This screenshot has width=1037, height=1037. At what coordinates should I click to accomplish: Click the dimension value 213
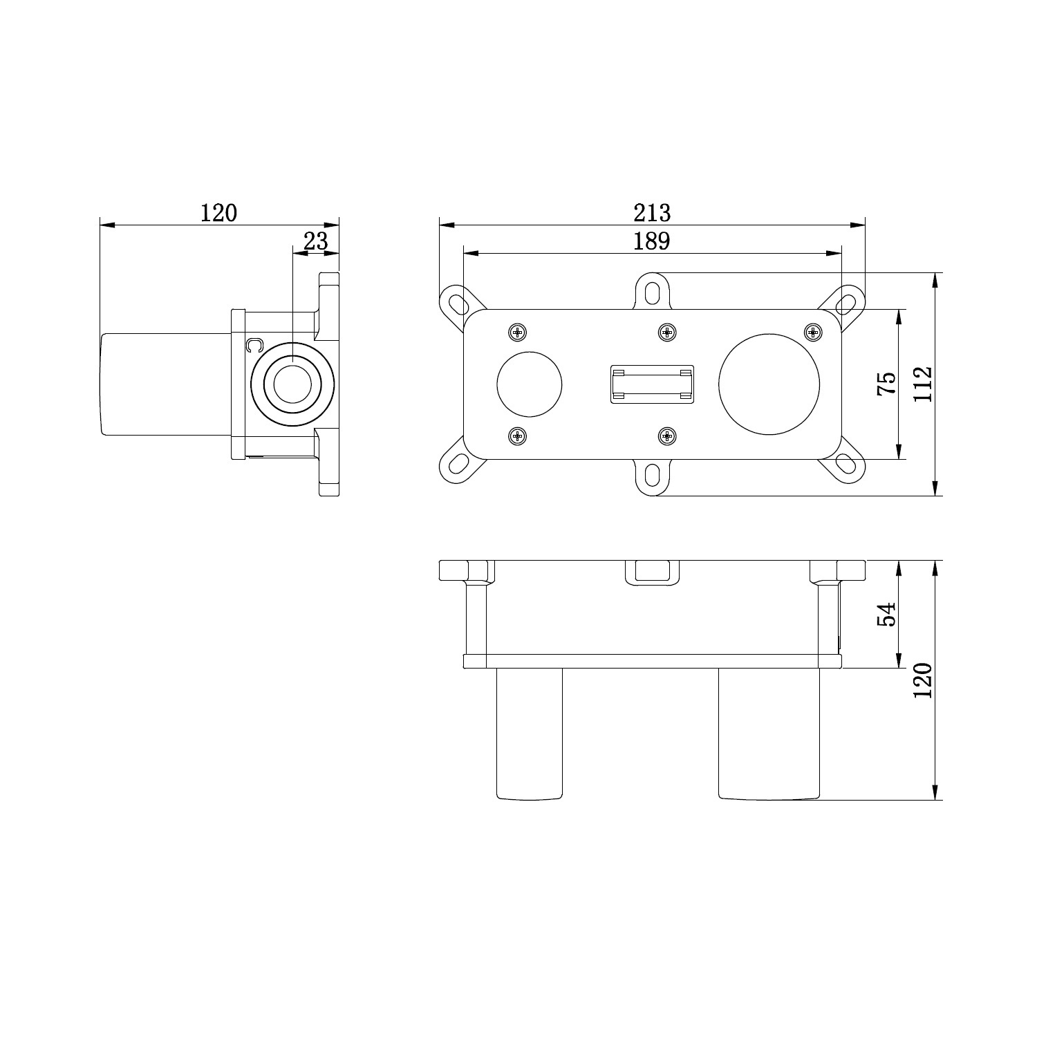click(652, 212)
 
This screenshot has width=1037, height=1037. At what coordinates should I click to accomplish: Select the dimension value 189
click(652, 241)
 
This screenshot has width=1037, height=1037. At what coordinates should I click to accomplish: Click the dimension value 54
click(886, 614)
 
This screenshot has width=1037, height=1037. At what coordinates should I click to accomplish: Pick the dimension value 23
click(315, 241)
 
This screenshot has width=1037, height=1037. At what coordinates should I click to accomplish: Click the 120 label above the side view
click(218, 212)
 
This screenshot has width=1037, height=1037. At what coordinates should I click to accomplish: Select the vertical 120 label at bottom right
click(923, 680)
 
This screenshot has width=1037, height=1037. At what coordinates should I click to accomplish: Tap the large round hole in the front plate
click(769, 384)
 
